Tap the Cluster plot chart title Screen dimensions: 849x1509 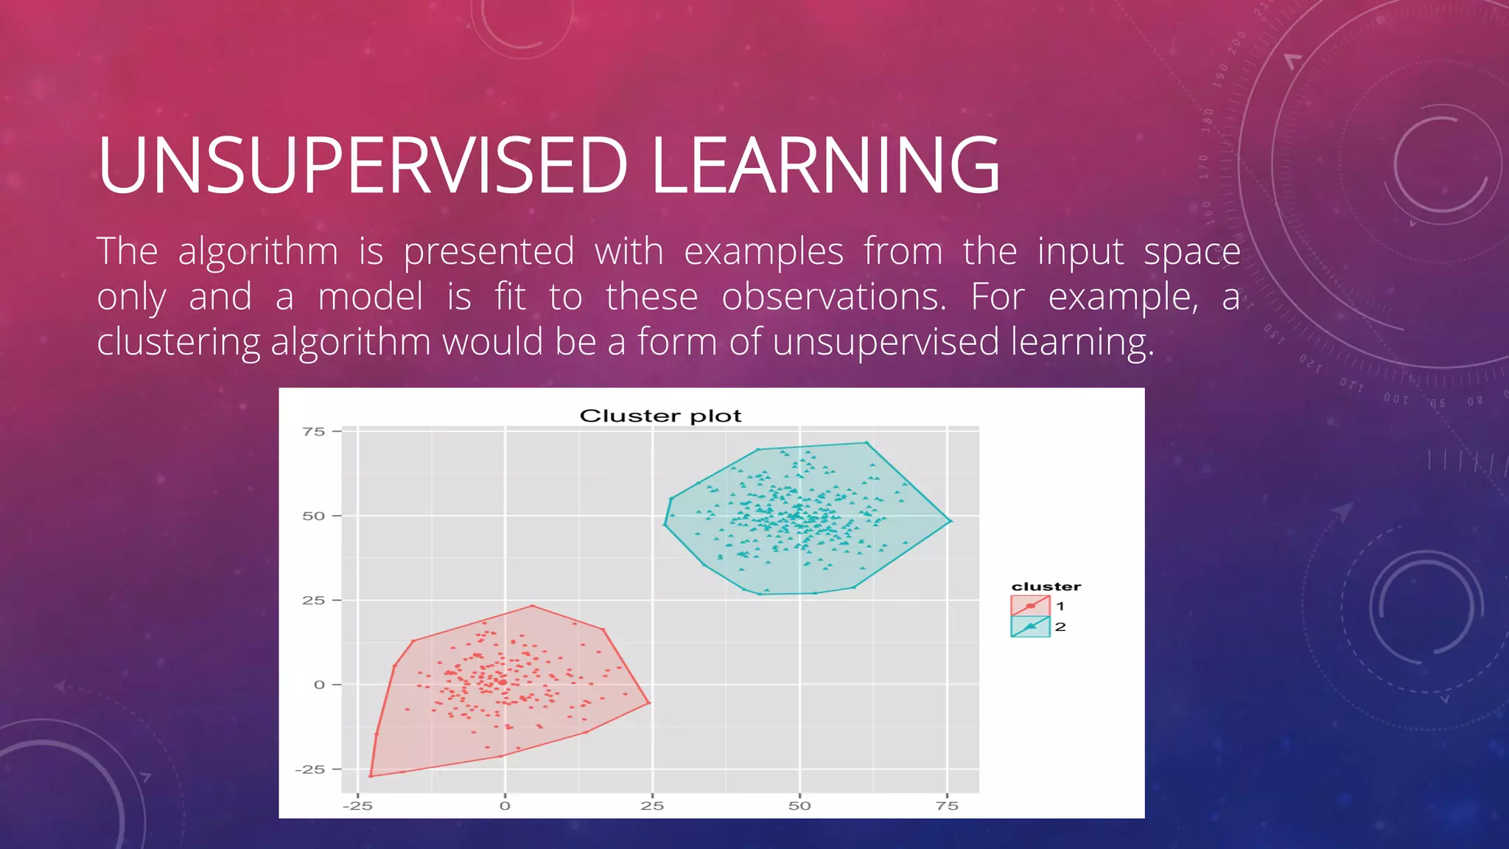coord(660,416)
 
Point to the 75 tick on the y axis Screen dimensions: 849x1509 coord(314,432)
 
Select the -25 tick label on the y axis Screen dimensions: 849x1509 coord(309,769)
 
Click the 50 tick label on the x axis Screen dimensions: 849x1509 coord(799,806)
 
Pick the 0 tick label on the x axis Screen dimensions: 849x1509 coord(505,806)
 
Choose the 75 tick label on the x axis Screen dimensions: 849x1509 coord(947,806)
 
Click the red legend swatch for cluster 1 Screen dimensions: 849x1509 coord(1030,606)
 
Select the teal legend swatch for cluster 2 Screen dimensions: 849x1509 coord(1030,626)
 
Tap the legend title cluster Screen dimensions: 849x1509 coord(1046,587)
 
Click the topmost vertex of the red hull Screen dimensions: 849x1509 coord(532,606)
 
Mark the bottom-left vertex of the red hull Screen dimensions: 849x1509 coord(371,776)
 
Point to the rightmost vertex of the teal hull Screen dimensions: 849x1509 coord(950,521)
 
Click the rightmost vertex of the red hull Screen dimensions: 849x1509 coord(649,703)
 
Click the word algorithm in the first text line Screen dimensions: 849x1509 coord(258,252)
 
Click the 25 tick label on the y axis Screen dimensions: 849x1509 coord(314,601)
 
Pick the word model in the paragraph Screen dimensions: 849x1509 coord(371,298)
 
